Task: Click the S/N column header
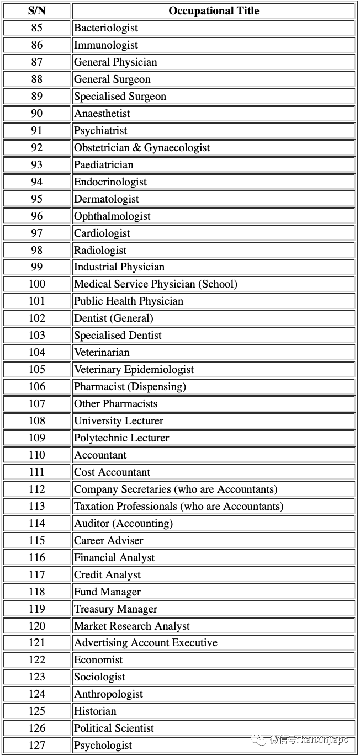(x=36, y=11)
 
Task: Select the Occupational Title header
(x=214, y=11)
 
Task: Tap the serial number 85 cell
(x=36, y=28)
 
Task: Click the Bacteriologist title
(x=106, y=28)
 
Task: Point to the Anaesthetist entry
(x=102, y=114)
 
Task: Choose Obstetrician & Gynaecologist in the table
(x=142, y=148)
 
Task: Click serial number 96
(x=36, y=216)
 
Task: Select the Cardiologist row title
(x=102, y=233)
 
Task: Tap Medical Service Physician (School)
(x=156, y=284)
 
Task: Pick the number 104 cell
(x=36, y=353)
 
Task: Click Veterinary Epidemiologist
(x=134, y=370)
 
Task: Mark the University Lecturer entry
(x=119, y=421)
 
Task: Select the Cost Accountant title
(x=112, y=472)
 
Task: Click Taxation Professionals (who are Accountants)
(x=178, y=507)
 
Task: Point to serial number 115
(x=36, y=541)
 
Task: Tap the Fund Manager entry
(x=108, y=592)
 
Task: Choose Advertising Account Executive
(x=146, y=643)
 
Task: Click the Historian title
(x=95, y=711)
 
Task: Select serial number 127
(x=36, y=746)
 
